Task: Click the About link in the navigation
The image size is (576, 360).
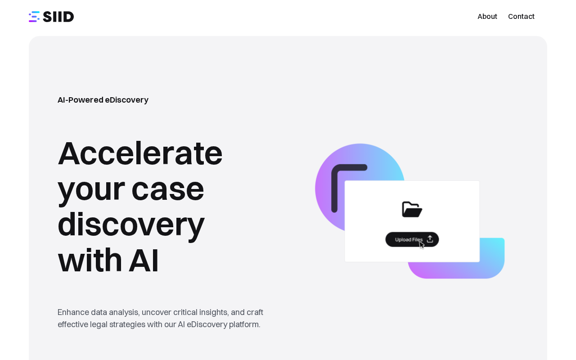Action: pyautogui.click(x=487, y=17)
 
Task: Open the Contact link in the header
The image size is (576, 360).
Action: pyautogui.click(x=521, y=17)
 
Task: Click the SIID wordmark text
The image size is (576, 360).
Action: pyautogui.click(x=58, y=17)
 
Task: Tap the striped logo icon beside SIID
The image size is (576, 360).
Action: pyautogui.click(x=34, y=17)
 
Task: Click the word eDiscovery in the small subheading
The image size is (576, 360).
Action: pyautogui.click(x=126, y=100)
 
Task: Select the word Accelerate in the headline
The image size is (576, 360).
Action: pyautogui.click(x=140, y=153)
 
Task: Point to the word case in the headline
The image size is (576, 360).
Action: pyautogui.click(x=168, y=190)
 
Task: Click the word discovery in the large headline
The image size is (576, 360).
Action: pyautogui.click(x=131, y=225)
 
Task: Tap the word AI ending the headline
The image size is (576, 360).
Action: pyautogui.click(x=144, y=260)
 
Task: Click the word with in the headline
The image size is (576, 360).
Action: pyautogui.click(x=90, y=260)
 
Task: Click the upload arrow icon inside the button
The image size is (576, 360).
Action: pyautogui.click(x=430, y=239)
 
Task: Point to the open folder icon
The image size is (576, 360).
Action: pyautogui.click(x=412, y=209)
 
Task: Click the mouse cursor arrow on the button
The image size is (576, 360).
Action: pyautogui.click(x=422, y=245)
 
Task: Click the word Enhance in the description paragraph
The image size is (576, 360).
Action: pyautogui.click(x=73, y=312)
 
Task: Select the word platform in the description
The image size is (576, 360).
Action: pyautogui.click(x=244, y=324)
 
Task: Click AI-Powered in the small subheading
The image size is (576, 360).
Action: pyautogui.click(x=81, y=100)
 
